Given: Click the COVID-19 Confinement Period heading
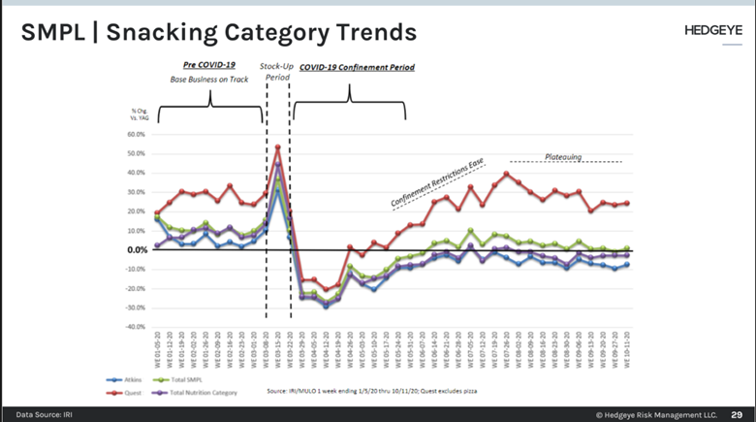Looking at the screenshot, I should point(356,68).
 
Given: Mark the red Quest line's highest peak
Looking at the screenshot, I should point(278,148).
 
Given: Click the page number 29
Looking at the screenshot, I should point(737,412).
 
